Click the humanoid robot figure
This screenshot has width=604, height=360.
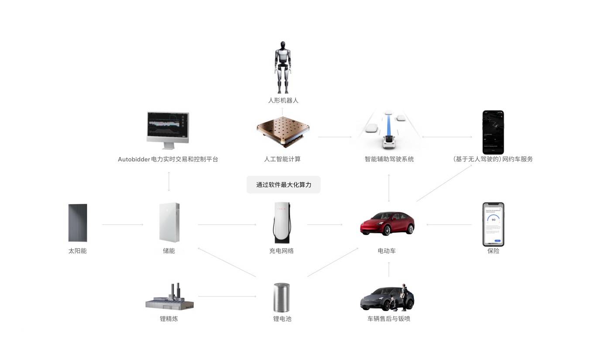tap(283, 67)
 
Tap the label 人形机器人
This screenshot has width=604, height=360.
tap(283, 100)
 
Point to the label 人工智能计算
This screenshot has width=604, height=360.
tap(282, 159)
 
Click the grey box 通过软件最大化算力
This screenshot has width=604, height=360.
tap(283, 185)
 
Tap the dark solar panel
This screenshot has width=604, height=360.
tap(78, 223)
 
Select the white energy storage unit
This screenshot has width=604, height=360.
tap(169, 222)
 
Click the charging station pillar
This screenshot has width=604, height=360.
tap(281, 223)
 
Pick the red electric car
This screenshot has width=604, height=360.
tap(387, 223)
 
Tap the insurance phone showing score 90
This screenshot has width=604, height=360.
tap(493, 224)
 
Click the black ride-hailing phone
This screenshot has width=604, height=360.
tap(493, 132)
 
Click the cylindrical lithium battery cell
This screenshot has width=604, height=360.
tap(281, 297)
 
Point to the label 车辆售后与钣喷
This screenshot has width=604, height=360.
tap(389, 319)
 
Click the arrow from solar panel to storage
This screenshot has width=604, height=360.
tap(123, 225)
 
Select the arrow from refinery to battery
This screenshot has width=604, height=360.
tap(227, 297)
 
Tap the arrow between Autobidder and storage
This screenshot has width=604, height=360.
tap(169, 182)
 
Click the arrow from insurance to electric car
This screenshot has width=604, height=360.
tap(449, 225)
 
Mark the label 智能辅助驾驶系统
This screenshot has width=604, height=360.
tap(389, 159)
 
